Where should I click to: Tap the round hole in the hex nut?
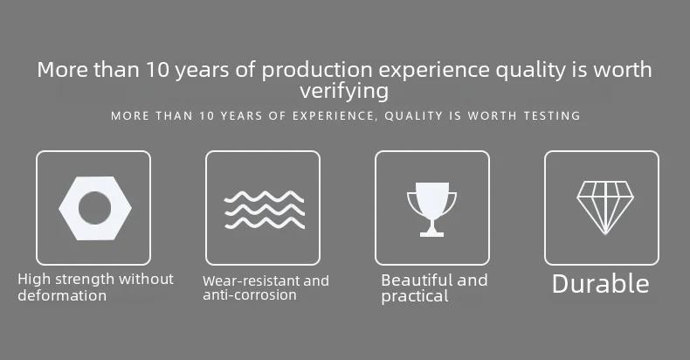coord(94,208)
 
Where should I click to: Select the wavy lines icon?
coord(264,210)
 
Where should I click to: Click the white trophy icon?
coord(431,210)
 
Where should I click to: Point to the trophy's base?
coord(431,233)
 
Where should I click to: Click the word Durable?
coord(601,283)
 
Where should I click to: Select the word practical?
coord(415,296)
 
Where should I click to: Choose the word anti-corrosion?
coord(250,294)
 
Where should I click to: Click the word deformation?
coord(62,295)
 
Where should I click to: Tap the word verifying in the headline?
coord(344,92)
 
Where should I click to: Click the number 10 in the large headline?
coord(158,70)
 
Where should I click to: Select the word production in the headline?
coord(317,71)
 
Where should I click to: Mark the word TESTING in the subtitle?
coord(552,115)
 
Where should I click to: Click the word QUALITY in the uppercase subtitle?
coord(414,115)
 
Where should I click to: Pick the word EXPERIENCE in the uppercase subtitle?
coord(333,115)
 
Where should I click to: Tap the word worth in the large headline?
coord(623,70)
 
